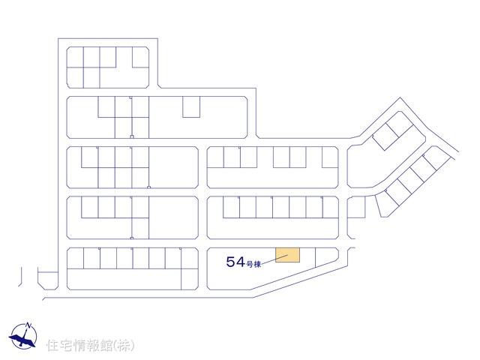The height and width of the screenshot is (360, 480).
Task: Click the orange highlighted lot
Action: tap(287, 255)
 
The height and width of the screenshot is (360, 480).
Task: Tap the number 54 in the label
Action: tap(235, 262)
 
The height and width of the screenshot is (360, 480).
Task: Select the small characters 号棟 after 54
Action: tap(253, 264)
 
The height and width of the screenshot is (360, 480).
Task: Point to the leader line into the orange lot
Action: tap(274, 259)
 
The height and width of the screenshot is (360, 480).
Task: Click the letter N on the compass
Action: tap(28, 325)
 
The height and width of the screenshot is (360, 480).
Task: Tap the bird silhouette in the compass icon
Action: tap(22, 339)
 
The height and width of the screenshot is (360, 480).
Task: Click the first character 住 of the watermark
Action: tap(52, 346)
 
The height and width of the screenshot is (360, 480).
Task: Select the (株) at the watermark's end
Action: tap(124, 346)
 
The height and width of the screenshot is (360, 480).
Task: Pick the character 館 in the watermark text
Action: tap(106, 346)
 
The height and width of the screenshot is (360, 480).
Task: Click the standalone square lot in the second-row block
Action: tap(191, 106)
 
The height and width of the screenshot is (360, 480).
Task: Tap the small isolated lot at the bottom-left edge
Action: tap(48, 280)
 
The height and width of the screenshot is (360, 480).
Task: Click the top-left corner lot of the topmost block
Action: tap(75, 57)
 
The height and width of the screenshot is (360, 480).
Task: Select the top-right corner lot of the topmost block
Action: tap(141, 57)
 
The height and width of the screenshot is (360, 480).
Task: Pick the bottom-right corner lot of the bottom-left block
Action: tap(190, 279)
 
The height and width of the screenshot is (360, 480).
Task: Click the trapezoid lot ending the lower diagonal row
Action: tap(386, 204)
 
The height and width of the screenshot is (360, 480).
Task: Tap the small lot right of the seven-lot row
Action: tap(356, 207)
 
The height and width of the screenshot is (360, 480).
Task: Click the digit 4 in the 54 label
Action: tap(240, 262)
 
